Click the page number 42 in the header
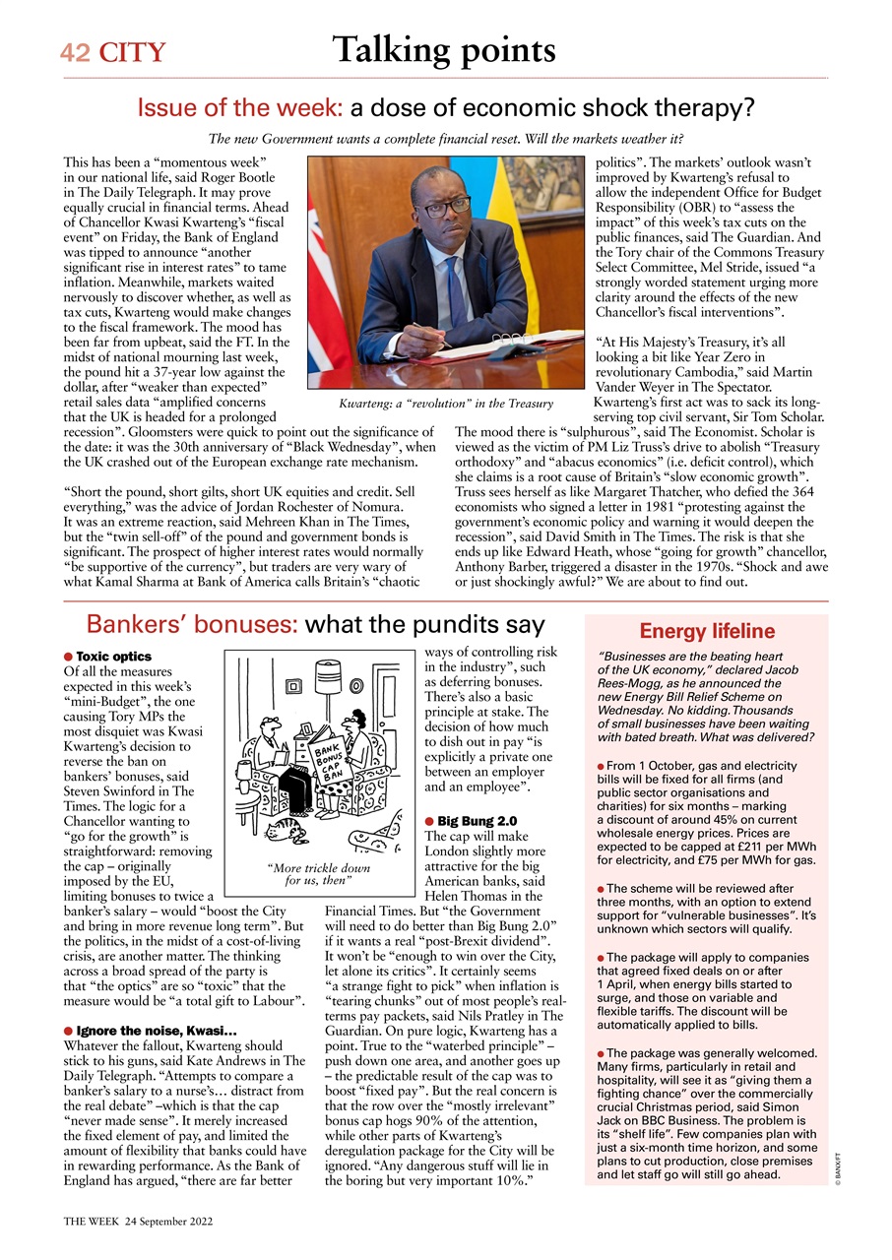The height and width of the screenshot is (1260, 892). click(74, 53)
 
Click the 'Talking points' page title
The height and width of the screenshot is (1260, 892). click(443, 49)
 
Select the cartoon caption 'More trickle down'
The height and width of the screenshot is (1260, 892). click(319, 868)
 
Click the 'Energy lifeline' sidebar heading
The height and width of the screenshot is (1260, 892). click(706, 632)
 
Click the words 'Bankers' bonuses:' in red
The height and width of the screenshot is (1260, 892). click(192, 624)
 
